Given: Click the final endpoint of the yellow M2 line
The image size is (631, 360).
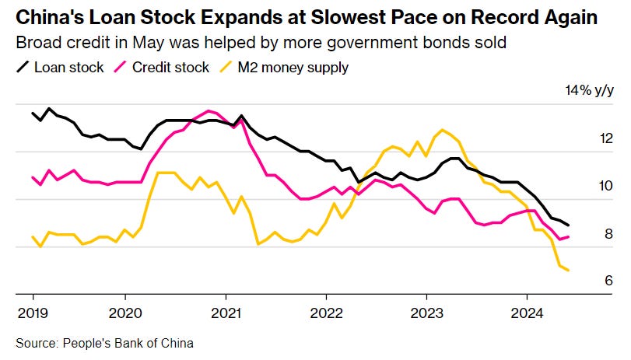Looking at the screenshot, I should (x=569, y=270).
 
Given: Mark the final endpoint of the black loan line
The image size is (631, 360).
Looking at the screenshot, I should (x=569, y=225).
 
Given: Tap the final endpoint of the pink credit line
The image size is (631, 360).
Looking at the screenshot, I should (x=569, y=236).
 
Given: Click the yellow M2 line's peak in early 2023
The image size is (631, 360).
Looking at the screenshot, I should (x=442, y=130).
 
